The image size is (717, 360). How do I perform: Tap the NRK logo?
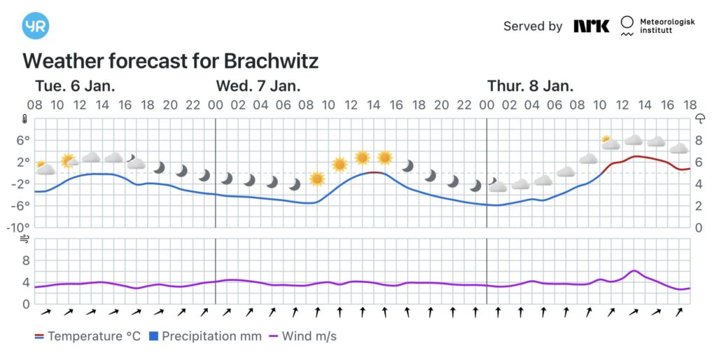point(592,26)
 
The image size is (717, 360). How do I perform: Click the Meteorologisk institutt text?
point(667,27)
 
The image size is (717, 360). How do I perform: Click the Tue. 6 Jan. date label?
point(75,86)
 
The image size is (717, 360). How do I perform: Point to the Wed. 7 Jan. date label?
point(258,86)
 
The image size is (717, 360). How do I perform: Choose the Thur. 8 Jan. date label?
point(530,86)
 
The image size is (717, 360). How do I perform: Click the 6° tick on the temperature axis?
point(23,140)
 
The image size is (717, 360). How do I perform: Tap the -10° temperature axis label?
point(19,228)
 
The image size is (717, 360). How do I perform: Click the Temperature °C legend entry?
point(88,336)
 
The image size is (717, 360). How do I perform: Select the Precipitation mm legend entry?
point(205,336)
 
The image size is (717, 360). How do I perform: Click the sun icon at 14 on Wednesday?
point(384,158)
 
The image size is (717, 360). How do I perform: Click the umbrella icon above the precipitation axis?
point(699,119)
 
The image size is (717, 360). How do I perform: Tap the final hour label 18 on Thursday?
point(690,105)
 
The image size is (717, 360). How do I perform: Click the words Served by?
point(532,26)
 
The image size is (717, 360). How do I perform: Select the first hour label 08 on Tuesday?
point(35,105)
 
